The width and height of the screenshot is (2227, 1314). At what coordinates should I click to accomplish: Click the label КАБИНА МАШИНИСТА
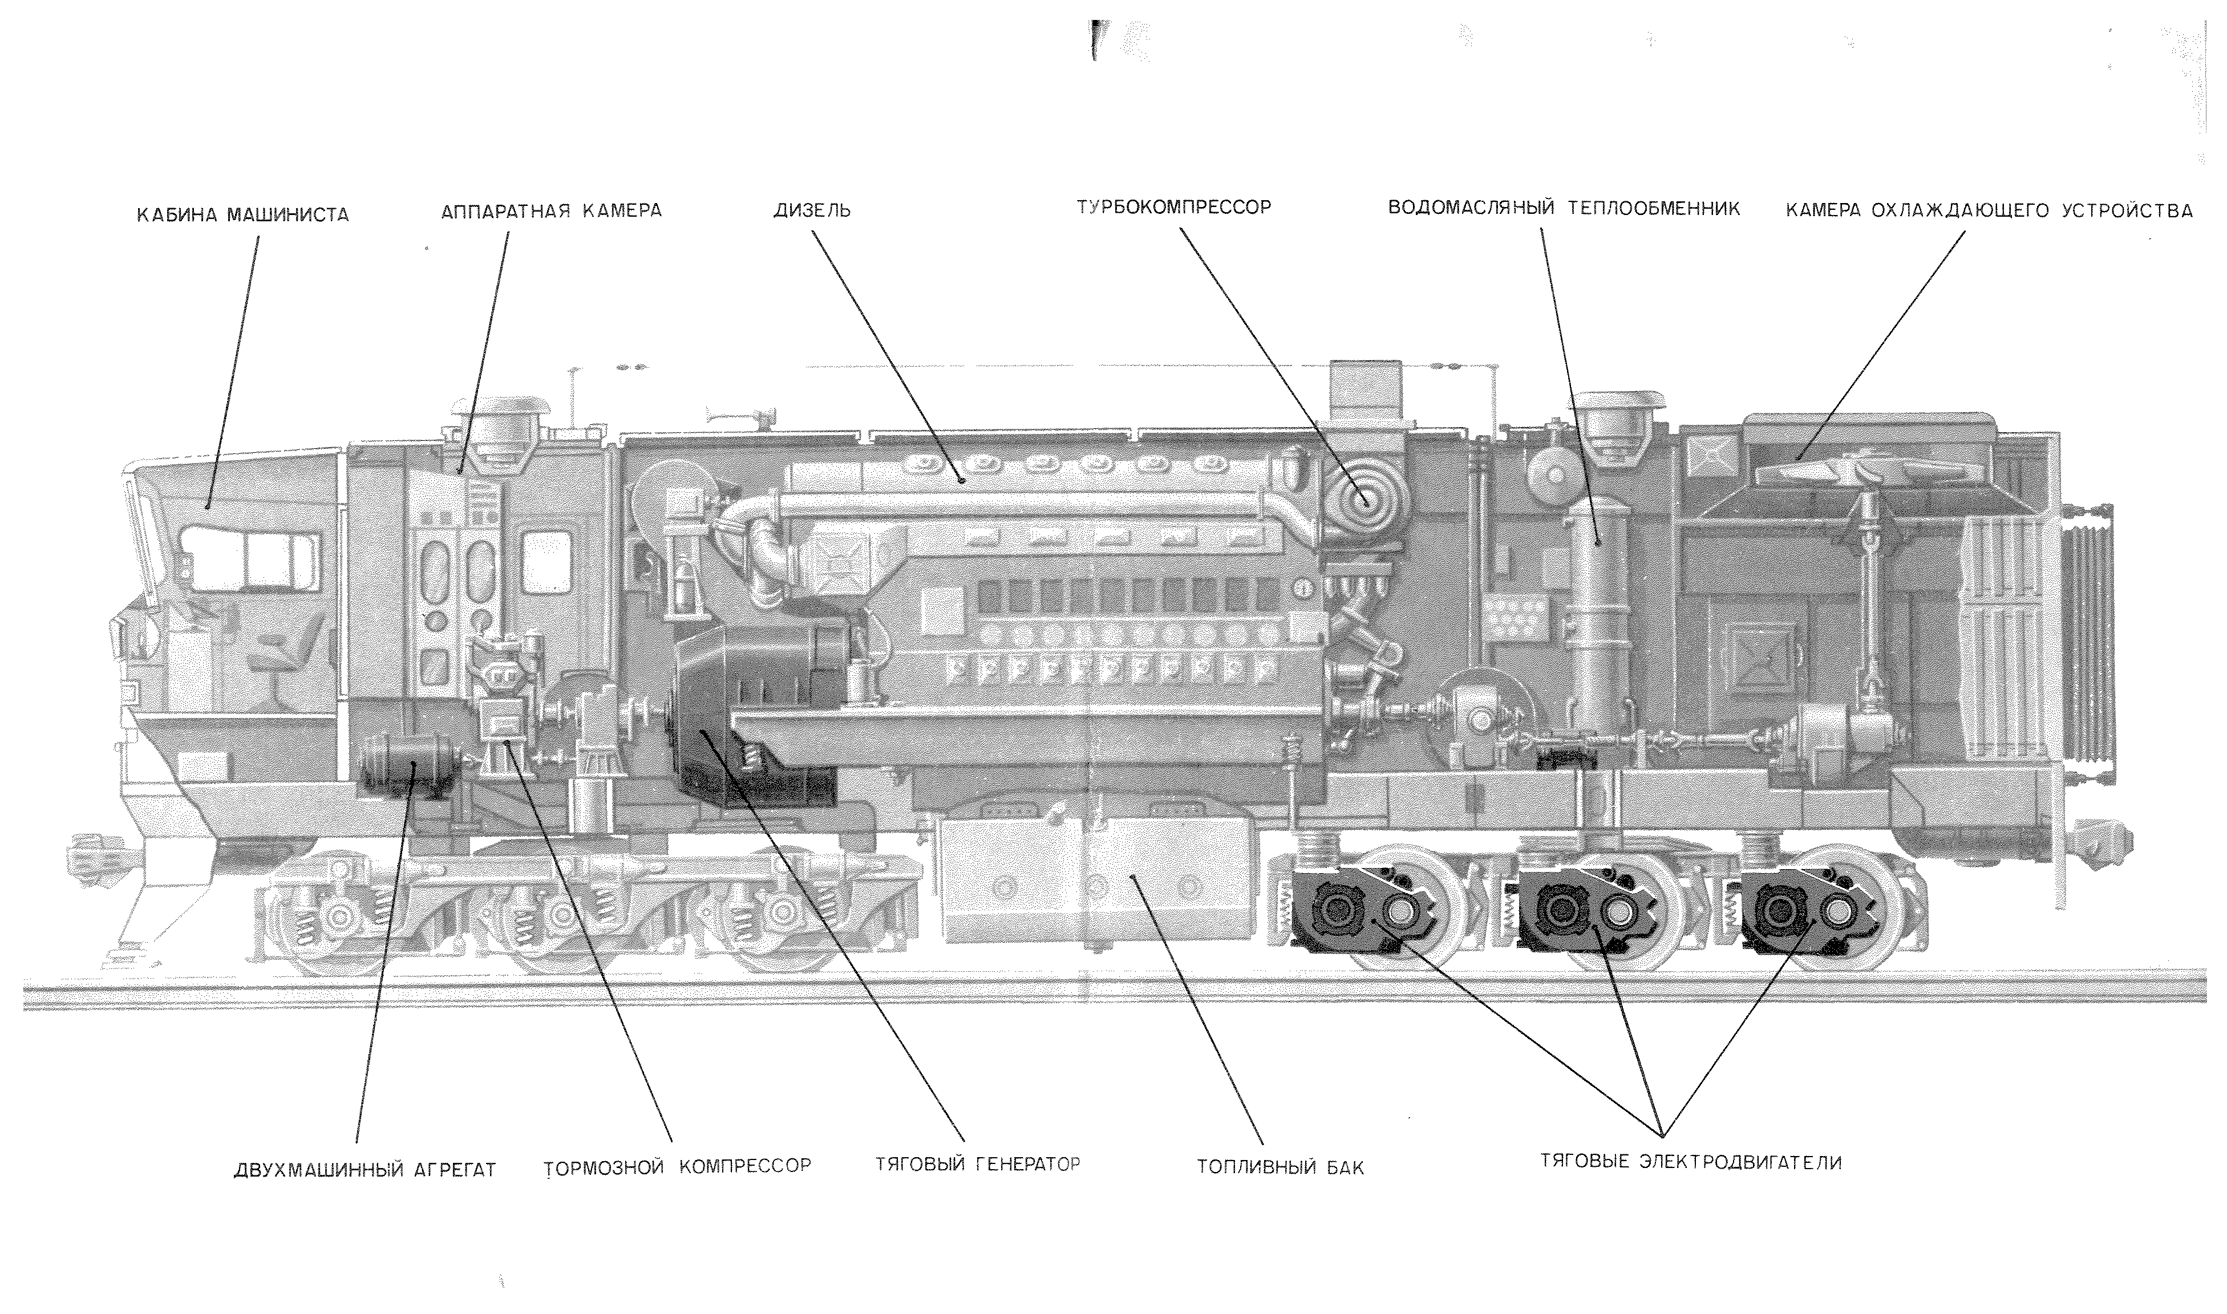coord(242,214)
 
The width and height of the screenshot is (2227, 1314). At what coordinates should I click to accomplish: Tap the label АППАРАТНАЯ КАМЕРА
coord(551,211)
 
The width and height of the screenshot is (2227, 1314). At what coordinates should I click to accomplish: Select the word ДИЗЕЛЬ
coord(812,211)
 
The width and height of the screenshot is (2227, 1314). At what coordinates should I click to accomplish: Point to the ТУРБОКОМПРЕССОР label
coord(1173,207)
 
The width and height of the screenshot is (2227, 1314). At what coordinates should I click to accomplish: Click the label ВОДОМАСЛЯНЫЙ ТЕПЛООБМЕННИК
coord(1564,209)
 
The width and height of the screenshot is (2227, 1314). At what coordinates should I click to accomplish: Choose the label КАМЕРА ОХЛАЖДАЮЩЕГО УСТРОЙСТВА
coord(1989,211)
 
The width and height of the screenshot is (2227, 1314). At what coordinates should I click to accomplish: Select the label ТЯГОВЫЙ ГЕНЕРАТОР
coord(978,1163)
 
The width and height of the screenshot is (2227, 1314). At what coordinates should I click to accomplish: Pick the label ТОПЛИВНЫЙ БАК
coord(1281,1167)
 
